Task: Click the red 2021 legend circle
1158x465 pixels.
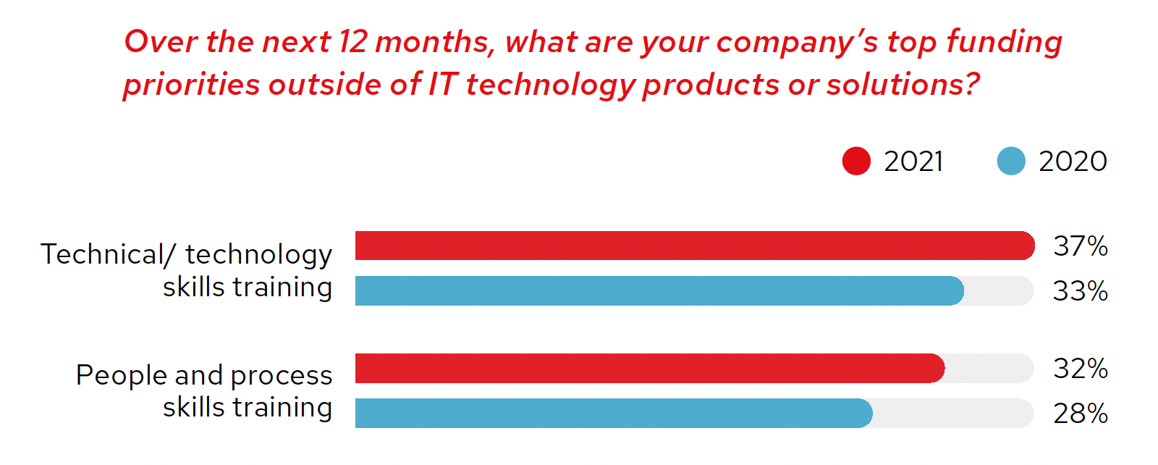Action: point(856,161)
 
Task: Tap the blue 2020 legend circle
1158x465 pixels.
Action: point(1011,161)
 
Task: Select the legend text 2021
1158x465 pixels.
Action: point(913,161)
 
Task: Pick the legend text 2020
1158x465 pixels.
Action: point(1073,161)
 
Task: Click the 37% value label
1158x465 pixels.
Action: point(1080,246)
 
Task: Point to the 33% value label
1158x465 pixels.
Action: point(1080,291)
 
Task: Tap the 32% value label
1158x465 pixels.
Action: point(1080,369)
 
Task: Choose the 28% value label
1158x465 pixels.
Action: point(1080,414)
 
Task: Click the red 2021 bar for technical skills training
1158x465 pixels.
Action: point(695,246)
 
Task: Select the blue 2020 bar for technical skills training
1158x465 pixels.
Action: point(659,291)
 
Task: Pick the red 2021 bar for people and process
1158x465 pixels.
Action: point(649,369)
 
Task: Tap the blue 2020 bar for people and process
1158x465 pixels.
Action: point(613,414)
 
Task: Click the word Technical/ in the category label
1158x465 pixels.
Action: point(108,254)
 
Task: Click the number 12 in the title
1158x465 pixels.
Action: point(353,42)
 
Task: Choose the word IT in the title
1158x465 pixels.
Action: point(443,85)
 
